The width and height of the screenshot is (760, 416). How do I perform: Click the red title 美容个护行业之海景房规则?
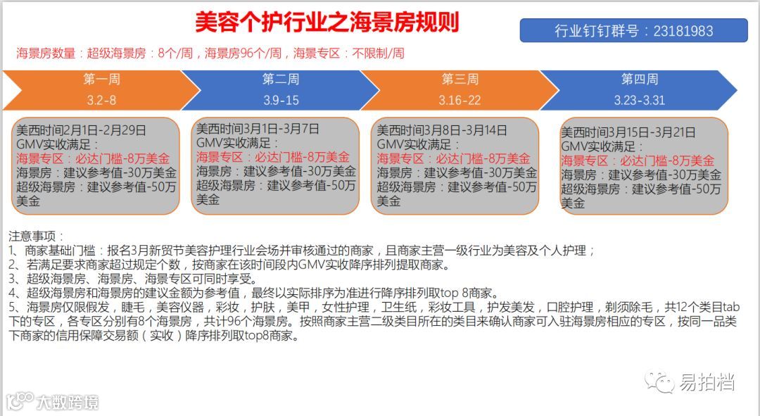pos(327,22)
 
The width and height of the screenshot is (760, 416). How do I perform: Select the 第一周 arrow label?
pos(101,79)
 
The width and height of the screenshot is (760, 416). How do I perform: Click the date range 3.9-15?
pos(281,100)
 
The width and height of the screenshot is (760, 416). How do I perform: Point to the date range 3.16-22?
pos(460,100)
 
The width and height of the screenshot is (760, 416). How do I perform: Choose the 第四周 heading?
pos(639,79)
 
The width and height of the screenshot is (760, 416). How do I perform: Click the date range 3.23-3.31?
pos(639,100)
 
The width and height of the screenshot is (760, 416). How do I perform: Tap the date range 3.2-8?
pos(101,100)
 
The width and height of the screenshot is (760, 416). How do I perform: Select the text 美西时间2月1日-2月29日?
pos(82,130)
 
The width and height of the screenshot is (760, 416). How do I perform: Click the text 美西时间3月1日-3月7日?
pos(258,129)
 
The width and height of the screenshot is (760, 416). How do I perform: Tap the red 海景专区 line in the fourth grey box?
pos(637,160)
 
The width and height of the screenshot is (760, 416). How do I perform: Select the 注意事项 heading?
pos(36,236)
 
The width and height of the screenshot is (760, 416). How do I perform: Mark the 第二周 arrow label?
pos(281,79)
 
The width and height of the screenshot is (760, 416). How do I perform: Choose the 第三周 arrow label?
pos(460,79)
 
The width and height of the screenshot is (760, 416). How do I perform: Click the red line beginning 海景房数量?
pos(210,53)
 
